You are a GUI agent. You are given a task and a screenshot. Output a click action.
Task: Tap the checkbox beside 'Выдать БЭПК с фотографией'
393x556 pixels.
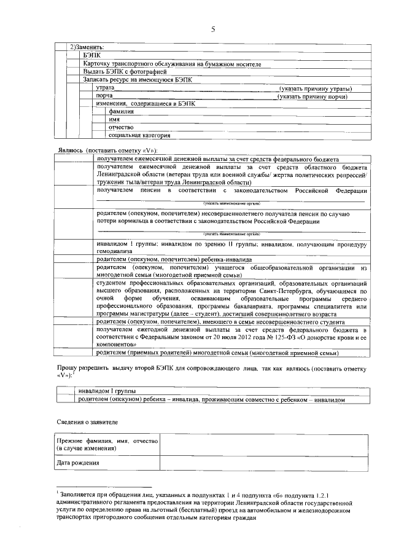[x=74, y=71]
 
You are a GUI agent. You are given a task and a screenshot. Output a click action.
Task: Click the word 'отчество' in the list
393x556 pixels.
[x=120, y=127]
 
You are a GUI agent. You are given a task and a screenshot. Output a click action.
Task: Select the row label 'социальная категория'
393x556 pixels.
[x=139, y=135]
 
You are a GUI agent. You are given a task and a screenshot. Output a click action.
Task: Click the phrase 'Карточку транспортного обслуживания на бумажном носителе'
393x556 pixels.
[x=172, y=63]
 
